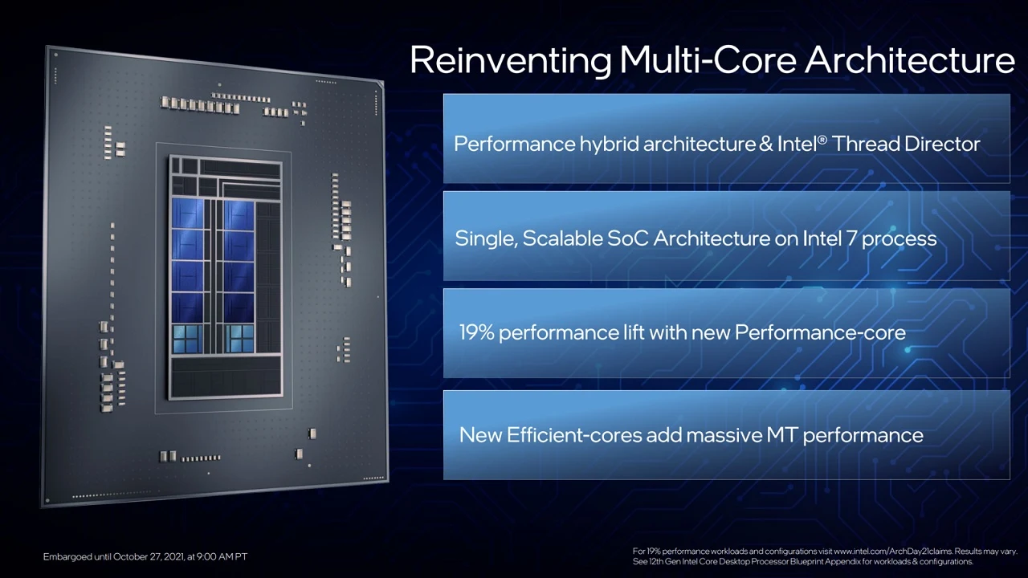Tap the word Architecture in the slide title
click(x=910, y=61)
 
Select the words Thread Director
click(x=906, y=144)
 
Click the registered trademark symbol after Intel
click(x=821, y=139)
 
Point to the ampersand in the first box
click(x=768, y=144)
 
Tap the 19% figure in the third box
click(x=476, y=332)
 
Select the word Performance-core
click(x=820, y=332)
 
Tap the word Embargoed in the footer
click(x=67, y=556)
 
